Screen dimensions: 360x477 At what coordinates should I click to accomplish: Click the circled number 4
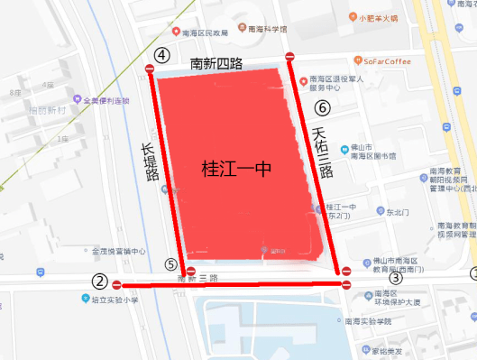click(162, 55)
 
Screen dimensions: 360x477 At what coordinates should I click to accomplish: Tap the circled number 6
click(323, 108)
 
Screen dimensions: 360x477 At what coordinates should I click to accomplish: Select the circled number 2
click(100, 282)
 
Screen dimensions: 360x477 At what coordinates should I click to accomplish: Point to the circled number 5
click(171, 264)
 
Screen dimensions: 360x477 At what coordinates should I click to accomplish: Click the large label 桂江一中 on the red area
click(235, 168)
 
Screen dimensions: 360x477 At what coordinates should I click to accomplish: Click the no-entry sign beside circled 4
click(151, 69)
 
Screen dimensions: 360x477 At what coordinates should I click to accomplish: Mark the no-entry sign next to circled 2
click(117, 284)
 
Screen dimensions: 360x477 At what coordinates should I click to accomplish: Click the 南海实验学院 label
click(370, 321)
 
